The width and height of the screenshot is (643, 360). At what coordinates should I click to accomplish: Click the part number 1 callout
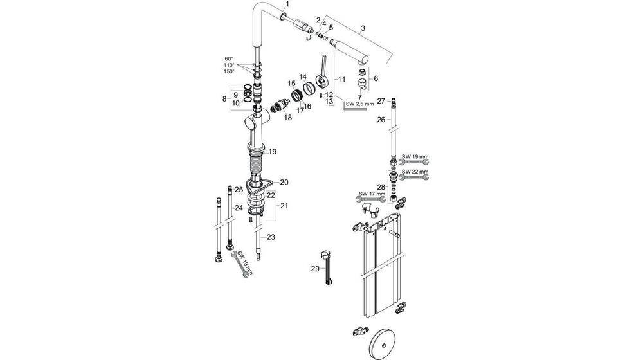pos(287,4)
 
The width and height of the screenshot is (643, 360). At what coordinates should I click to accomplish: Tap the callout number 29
pos(314,269)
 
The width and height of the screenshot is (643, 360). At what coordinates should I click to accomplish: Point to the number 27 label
pos(381,101)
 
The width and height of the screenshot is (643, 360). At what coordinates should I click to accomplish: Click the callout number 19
pos(272,152)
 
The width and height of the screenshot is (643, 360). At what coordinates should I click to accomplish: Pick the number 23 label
pos(271,237)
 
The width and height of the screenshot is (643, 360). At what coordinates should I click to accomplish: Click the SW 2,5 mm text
pos(359,104)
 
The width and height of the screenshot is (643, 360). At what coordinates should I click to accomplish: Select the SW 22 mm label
pos(414,172)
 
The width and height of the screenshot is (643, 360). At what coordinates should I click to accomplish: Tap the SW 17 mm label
pos(371,194)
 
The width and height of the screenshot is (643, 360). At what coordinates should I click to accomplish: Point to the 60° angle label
pos(229,59)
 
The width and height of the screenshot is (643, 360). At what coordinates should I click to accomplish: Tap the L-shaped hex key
pos(353,108)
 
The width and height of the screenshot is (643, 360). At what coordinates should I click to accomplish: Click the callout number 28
pos(381,187)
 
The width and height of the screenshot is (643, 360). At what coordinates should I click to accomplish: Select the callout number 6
pos(376,78)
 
